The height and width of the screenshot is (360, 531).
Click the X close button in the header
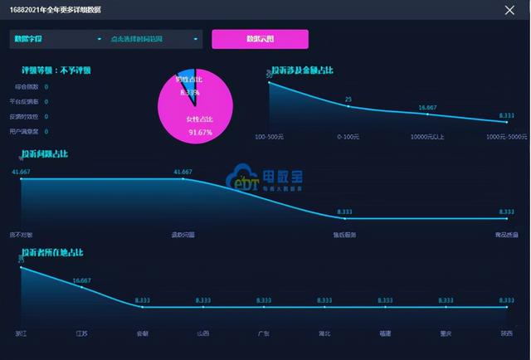(x=509, y=10)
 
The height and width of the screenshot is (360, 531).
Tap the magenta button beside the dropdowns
(x=260, y=39)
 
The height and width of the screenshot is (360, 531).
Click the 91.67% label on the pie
(x=199, y=132)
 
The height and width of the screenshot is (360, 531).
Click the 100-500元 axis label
(x=270, y=136)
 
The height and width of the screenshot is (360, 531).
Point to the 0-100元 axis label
(x=348, y=136)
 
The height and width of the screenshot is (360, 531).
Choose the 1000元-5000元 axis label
(x=506, y=136)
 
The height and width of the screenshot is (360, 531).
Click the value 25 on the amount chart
(x=348, y=100)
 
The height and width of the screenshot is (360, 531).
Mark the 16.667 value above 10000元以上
(x=427, y=107)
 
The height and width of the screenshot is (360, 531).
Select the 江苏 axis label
(x=81, y=333)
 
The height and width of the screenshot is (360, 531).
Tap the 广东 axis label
(x=264, y=333)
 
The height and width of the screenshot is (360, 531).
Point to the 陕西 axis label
(x=506, y=333)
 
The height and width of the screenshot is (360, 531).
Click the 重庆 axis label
(x=446, y=333)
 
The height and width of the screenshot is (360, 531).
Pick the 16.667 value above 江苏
(x=81, y=280)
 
